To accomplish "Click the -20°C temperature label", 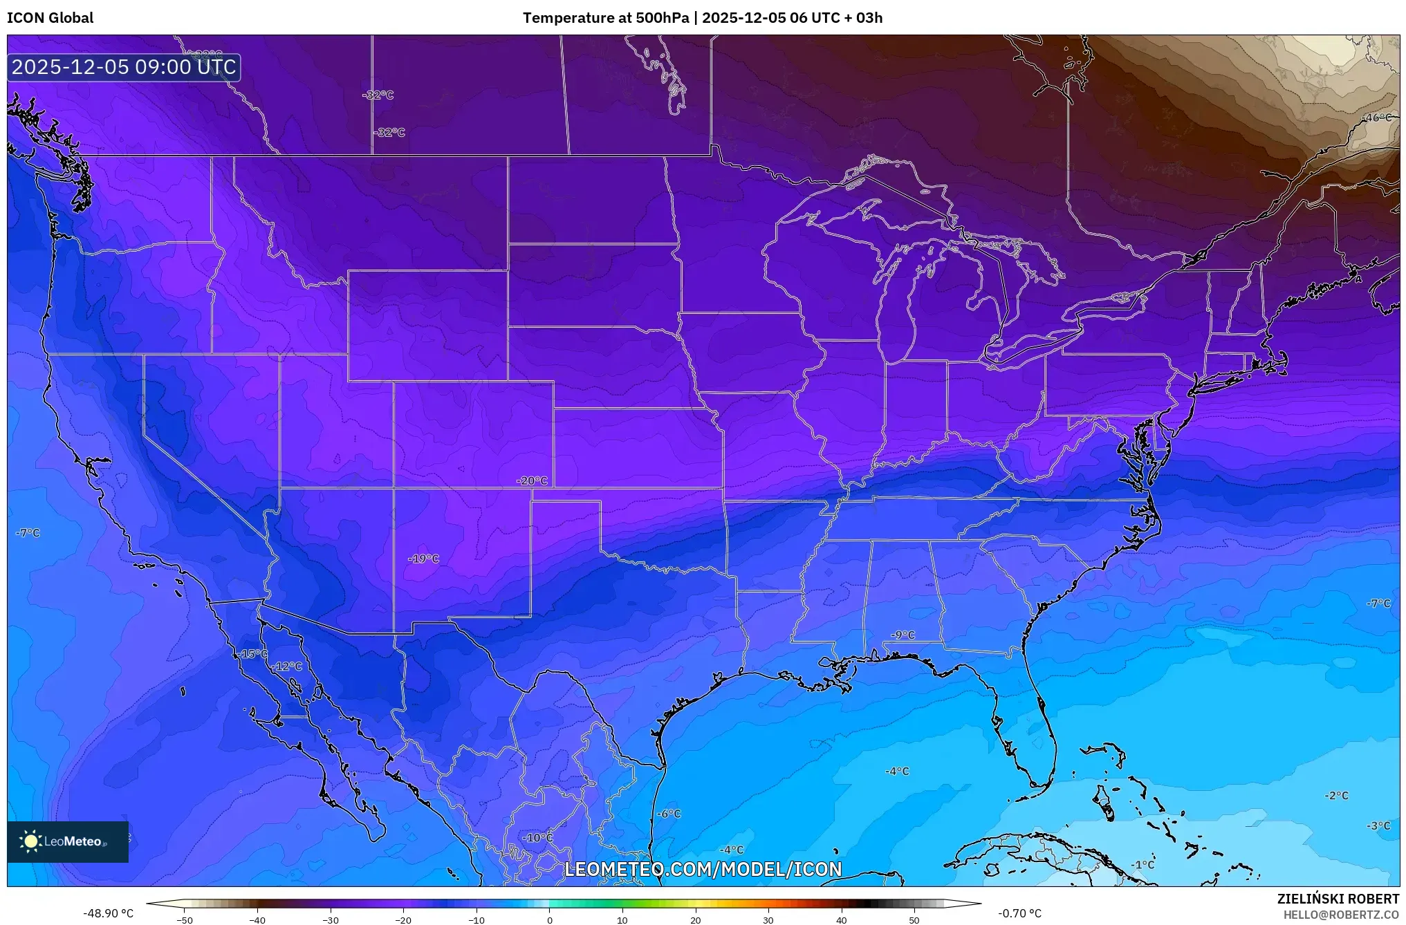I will (533, 481).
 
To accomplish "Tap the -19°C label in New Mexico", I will (424, 559).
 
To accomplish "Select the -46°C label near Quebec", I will (1377, 118).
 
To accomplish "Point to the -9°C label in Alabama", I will (902, 635).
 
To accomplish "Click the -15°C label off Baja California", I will (252, 653).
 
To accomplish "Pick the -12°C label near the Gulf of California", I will (287, 666).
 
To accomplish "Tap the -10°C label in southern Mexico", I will (537, 838).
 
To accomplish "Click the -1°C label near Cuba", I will (1143, 865).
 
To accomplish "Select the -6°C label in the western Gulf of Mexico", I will (669, 814).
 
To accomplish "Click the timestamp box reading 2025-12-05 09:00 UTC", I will (124, 67).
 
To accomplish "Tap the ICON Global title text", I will (50, 18).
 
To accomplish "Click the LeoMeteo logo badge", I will (68, 841).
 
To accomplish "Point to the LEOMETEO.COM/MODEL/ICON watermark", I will (703, 869).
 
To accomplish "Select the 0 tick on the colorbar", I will (549, 920).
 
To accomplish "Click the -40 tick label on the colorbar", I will (257, 920).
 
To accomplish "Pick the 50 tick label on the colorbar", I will (914, 920).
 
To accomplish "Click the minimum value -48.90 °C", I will (109, 913).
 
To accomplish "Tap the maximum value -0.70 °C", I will (1019, 913).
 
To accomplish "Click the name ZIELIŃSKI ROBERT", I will (1338, 899).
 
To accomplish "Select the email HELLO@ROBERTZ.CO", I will (1341, 915).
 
